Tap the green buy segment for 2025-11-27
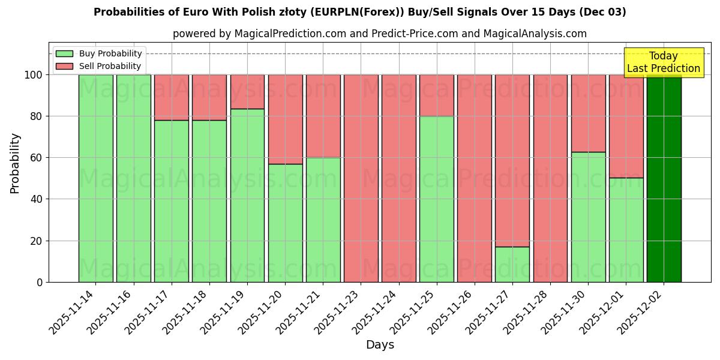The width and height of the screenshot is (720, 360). pyautogui.click(x=512, y=264)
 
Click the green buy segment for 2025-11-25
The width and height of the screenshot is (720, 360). pyautogui.click(x=437, y=199)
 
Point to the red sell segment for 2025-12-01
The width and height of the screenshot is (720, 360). pyautogui.click(x=626, y=126)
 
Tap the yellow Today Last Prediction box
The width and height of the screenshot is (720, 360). pyautogui.click(x=664, y=62)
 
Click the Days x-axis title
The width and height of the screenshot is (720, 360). pyautogui.click(x=380, y=345)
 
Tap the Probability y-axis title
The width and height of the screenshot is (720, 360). pyautogui.click(x=15, y=163)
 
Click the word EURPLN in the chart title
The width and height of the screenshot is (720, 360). pyautogui.click(x=333, y=12)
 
